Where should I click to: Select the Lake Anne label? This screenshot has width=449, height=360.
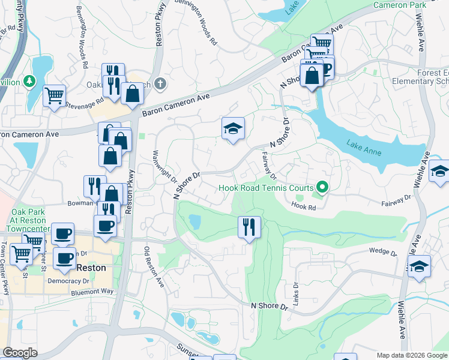click(364, 148)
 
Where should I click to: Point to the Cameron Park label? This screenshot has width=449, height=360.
click(399, 5)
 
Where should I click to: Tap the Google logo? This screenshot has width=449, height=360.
click(20, 353)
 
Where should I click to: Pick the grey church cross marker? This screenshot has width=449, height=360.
click(159, 84)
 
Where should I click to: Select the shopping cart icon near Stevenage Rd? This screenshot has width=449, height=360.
click(55, 95)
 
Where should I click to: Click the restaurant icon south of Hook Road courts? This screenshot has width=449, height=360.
click(249, 227)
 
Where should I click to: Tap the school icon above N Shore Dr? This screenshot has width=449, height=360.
click(233, 128)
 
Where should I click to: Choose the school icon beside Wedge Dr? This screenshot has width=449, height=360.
click(420, 266)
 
